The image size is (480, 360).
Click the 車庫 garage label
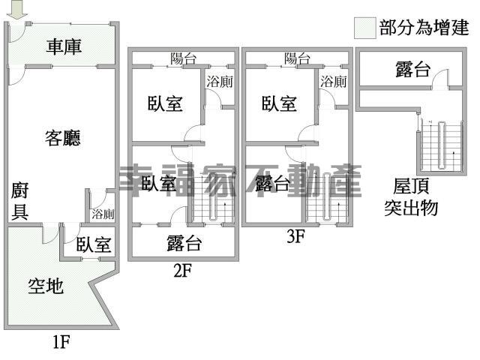64,46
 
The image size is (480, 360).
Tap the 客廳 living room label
63,138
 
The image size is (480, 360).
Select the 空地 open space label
46,286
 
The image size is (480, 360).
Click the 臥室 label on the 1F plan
94,244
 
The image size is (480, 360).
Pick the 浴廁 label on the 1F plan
103,214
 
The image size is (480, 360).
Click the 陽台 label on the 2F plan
183,58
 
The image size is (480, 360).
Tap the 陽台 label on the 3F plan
297,58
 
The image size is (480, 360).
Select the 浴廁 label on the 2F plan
219,82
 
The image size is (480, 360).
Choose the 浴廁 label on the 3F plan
334,82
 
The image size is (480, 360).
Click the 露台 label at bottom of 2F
184,242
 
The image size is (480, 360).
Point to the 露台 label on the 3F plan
272,183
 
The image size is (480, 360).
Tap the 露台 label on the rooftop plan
412,70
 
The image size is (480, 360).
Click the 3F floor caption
296,237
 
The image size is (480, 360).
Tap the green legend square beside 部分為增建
364,28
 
